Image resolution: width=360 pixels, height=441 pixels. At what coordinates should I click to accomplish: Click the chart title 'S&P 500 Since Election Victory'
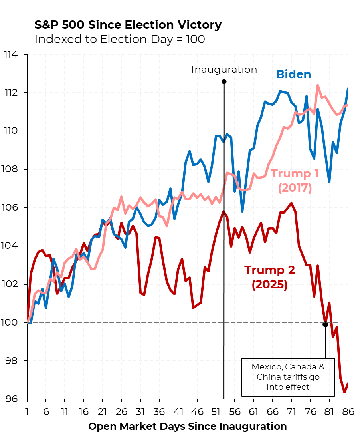[128, 25]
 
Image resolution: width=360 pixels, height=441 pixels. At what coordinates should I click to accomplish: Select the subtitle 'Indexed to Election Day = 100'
[120, 39]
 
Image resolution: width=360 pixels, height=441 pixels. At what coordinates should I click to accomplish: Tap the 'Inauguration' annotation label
[224, 70]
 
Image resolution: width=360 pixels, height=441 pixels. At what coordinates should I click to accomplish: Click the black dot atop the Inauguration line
[224, 82]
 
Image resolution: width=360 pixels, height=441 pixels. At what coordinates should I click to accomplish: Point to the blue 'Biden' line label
[293, 74]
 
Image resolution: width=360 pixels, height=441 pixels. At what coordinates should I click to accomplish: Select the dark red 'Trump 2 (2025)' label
[269, 277]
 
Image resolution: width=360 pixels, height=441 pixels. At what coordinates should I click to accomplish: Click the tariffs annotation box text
[287, 377]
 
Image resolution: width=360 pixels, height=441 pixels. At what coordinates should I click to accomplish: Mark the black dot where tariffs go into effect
[325, 324]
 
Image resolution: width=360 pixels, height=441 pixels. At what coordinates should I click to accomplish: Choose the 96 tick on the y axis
[14, 399]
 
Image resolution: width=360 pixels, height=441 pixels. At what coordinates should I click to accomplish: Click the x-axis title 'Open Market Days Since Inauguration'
[187, 426]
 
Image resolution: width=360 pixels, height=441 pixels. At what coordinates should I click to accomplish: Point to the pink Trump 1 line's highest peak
[318, 85]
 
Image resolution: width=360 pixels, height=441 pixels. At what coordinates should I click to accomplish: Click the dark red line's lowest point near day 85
[344, 392]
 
